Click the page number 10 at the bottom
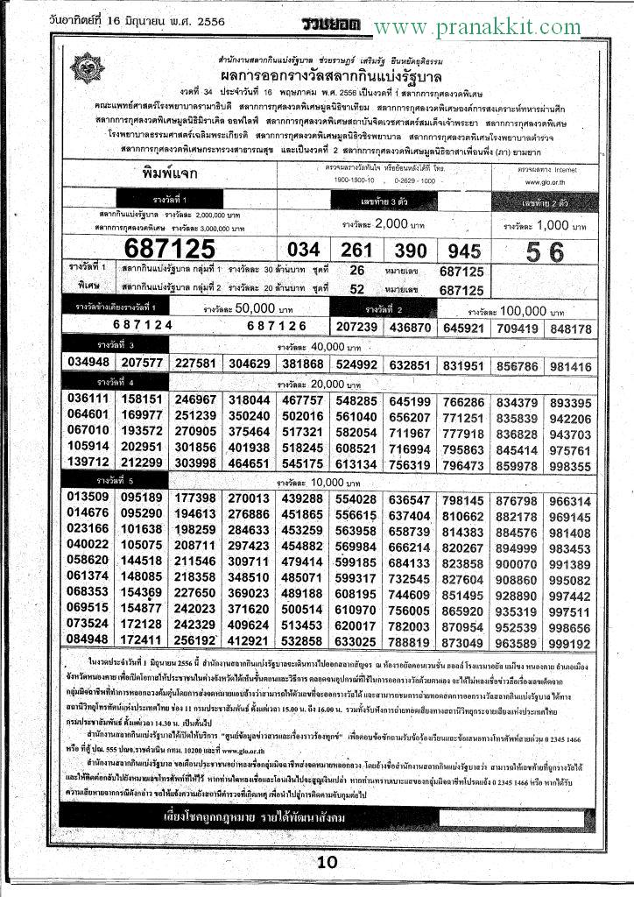click(x=327, y=862)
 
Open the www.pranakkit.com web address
click(x=489, y=28)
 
